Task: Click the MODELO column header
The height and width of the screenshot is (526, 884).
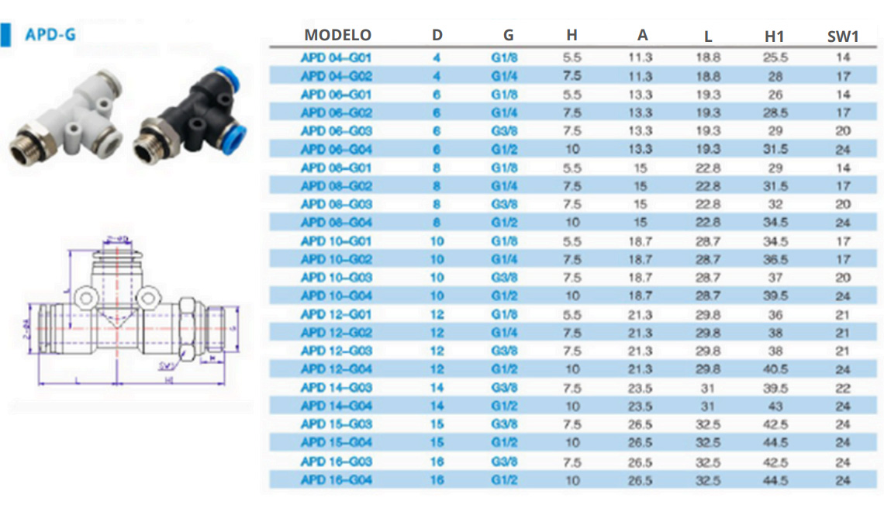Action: [x=337, y=35]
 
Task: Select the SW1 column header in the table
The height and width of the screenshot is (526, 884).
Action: [x=843, y=35]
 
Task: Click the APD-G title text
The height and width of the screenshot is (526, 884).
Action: [x=50, y=34]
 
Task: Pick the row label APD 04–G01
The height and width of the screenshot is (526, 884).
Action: [x=337, y=57]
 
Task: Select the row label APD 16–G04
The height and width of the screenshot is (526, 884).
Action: [x=337, y=480]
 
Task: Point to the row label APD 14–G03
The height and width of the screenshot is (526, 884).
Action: [x=337, y=388]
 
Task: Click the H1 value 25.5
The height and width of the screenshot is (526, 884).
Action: [x=775, y=57]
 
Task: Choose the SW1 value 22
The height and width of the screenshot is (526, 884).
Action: [x=843, y=388]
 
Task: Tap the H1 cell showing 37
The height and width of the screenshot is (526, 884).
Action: [x=775, y=278]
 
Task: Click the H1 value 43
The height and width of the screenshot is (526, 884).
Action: [x=775, y=407]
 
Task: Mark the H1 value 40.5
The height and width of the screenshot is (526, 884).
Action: [x=775, y=369]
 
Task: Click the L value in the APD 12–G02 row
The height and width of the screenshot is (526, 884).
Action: [x=708, y=333]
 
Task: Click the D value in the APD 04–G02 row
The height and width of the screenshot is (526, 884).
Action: [x=437, y=76]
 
